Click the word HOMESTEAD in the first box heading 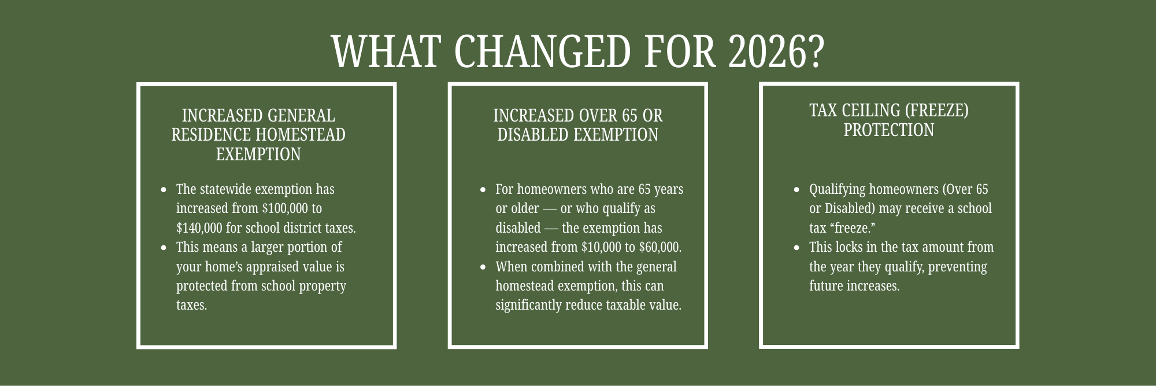coord(301,135)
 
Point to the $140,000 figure coord(199,228)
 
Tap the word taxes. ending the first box coord(192,305)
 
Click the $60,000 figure coord(660,247)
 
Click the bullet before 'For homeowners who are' coord(483,190)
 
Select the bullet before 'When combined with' coord(483,267)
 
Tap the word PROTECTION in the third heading coord(888,130)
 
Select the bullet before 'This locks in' coord(797,248)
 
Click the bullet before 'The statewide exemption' coord(164,190)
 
